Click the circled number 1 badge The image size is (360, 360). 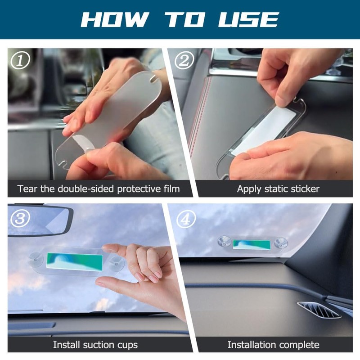[20, 60]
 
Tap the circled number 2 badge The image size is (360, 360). [184, 60]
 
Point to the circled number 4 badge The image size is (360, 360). [186, 220]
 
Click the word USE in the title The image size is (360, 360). [248, 19]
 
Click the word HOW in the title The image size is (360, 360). [115, 19]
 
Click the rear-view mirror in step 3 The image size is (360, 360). [40, 220]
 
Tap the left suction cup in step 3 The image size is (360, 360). [36, 260]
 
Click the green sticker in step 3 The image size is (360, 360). [75, 261]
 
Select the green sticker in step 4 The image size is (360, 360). [252, 245]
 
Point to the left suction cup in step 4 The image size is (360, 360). [224, 242]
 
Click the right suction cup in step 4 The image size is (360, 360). [281, 243]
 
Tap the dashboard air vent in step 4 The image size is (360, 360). [319, 310]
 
